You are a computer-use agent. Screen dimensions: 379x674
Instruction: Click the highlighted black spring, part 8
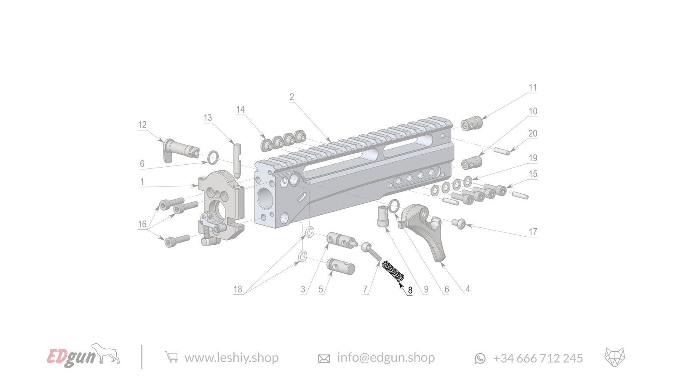(393, 271)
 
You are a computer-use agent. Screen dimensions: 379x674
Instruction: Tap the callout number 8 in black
(410, 290)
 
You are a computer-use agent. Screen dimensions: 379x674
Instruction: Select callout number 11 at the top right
(533, 88)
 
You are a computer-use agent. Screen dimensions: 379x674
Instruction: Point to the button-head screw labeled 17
(459, 224)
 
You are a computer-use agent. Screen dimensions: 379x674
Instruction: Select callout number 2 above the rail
(292, 97)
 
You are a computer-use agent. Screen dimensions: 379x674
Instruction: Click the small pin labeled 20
(502, 150)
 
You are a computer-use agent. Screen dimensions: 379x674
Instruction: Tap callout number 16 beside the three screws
(142, 224)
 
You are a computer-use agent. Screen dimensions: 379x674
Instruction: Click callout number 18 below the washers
(238, 289)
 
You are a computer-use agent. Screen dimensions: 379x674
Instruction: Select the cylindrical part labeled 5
(341, 266)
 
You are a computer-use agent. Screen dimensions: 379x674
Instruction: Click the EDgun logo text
(72, 357)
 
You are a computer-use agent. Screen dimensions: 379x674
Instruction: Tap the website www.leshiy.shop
(231, 358)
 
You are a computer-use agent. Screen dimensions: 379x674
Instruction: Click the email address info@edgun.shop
(385, 358)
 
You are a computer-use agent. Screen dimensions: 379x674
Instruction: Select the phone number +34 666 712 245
(538, 358)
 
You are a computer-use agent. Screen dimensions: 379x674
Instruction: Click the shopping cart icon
(171, 357)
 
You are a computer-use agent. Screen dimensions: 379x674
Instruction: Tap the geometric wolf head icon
(615, 357)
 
